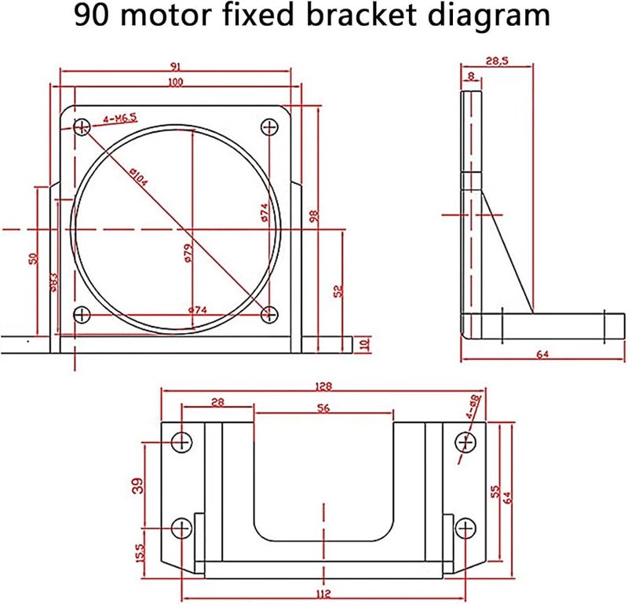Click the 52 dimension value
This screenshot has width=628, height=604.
(x=338, y=291)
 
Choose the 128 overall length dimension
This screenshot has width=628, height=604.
(x=323, y=386)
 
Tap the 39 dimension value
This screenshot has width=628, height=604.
(x=138, y=486)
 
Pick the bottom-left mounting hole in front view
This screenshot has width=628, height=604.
(x=82, y=315)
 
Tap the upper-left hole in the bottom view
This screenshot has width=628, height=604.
(x=182, y=442)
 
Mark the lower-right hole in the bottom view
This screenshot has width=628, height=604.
(x=466, y=527)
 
